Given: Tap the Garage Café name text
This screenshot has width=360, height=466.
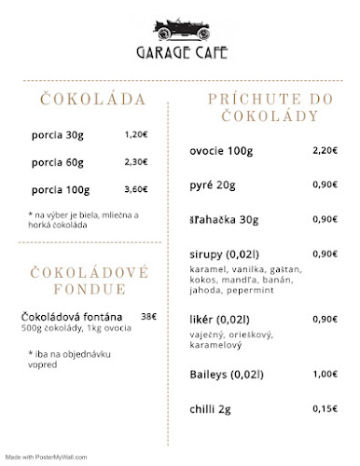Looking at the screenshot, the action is pyautogui.click(x=180, y=54).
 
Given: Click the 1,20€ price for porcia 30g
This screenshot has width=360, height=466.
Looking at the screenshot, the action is pyautogui.click(x=136, y=135).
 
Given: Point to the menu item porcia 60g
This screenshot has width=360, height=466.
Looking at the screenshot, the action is pyautogui.click(x=57, y=162).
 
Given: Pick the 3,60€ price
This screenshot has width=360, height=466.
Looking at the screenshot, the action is pyautogui.click(x=136, y=189).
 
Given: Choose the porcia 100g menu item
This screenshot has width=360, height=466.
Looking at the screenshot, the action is pyautogui.click(x=60, y=189).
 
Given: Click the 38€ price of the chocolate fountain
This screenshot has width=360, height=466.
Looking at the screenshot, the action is pyautogui.click(x=148, y=316).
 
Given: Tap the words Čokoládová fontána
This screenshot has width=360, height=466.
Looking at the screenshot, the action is pyautogui.click(x=75, y=316).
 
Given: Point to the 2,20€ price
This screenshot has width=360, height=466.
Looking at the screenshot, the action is pyautogui.click(x=325, y=150).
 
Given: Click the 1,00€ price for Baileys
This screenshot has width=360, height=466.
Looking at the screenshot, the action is pyautogui.click(x=325, y=374).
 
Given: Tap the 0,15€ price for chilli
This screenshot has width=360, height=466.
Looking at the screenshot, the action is pyautogui.click(x=325, y=408).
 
